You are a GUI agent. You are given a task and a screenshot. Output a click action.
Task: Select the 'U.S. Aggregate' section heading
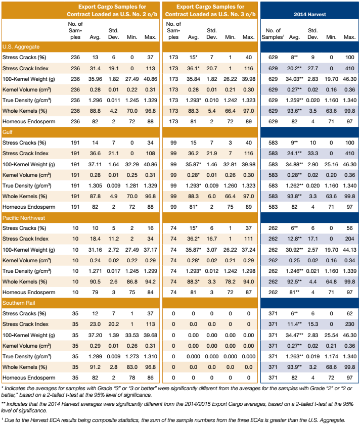[21, 46]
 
